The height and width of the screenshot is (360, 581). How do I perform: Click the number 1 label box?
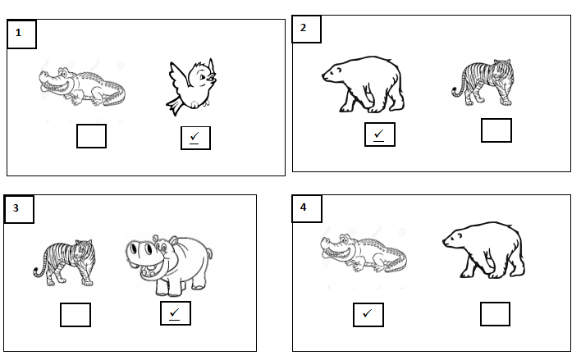tap(21, 34)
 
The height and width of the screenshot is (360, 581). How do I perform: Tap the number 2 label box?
tap(306, 29)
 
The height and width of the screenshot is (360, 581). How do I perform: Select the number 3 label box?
tap(19, 209)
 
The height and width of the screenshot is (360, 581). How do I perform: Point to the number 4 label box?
tap(307, 208)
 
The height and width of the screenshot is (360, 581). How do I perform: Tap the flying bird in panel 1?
tap(191, 87)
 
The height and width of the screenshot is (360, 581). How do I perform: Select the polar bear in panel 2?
tap(363, 84)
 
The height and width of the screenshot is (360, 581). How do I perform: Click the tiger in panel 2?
tap(483, 83)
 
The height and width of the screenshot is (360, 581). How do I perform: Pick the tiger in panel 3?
tap(64, 262)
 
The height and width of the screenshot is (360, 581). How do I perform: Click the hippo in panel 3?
tap(169, 265)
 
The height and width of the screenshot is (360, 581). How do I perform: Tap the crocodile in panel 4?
tap(364, 253)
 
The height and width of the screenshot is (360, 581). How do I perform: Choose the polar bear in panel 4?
tap(484, 250)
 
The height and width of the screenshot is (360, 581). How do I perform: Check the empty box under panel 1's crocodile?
tap(91, 136)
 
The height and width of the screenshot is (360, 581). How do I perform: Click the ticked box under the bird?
tap(195, 138)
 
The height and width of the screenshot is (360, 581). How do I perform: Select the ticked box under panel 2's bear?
tap(380, 134)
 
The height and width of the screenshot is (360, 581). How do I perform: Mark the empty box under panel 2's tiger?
tap(496, 130)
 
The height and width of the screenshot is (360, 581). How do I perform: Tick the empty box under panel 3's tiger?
tap(75, 315)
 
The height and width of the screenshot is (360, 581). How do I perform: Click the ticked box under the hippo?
tap(176, 313)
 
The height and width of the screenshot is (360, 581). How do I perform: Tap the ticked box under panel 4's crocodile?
tap(368, 315)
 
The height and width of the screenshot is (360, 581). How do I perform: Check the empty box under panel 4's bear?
tap(495, 314)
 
